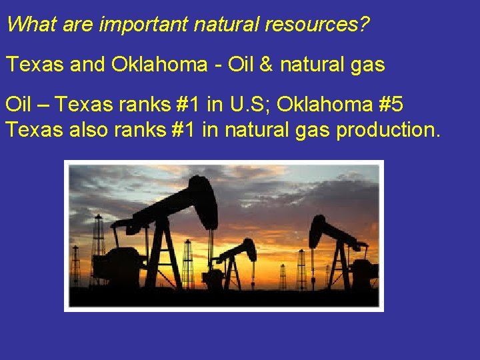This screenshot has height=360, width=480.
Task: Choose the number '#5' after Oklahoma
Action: coord(387,105)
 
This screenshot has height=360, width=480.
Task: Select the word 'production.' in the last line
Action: coord(389,129)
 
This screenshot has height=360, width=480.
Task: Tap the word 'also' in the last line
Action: coord(83,129)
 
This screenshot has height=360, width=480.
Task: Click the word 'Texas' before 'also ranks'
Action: coord(30,129)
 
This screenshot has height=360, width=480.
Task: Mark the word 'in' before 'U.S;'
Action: coord(215,105)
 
